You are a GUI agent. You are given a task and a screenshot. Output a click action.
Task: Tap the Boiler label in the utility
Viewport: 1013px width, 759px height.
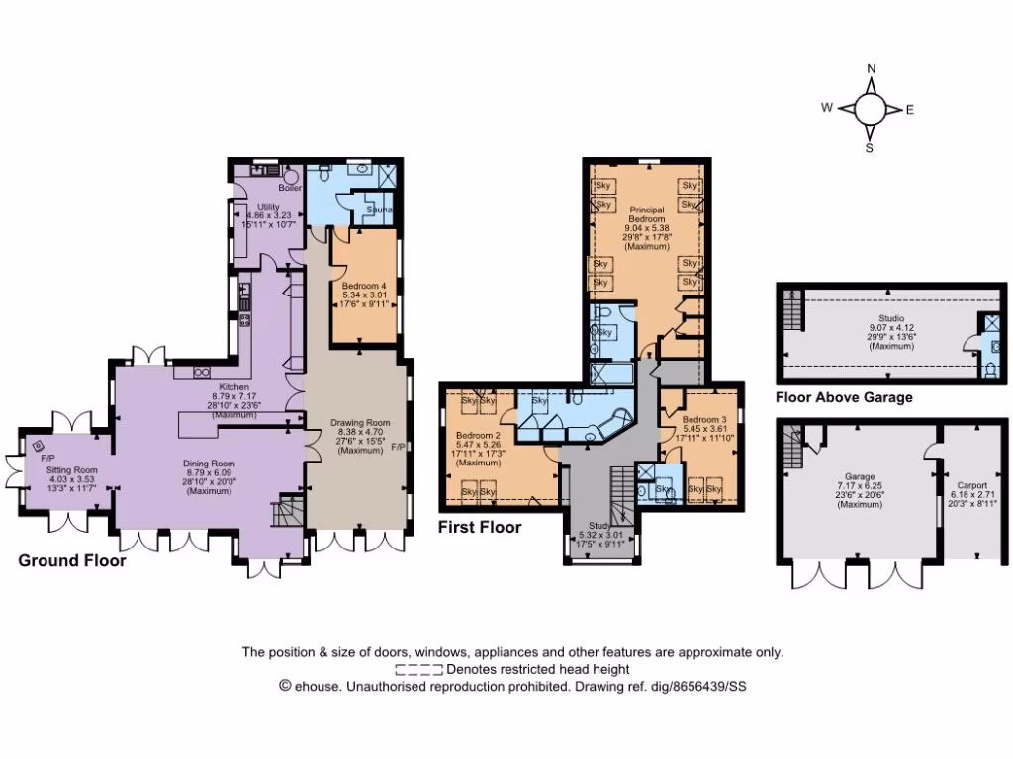tap(290, 187)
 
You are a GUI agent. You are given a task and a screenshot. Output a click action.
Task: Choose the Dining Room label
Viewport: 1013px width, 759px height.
tap(208, 463)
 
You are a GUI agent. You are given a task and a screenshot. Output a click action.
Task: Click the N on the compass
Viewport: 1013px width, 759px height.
tap(871, 68)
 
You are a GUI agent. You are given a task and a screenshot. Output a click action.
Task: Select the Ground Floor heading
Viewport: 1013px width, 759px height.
tap(72, 560)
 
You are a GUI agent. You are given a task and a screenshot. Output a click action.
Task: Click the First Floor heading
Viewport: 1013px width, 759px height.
tap(480, 528)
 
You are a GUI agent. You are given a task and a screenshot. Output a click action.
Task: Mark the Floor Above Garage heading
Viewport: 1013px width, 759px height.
tap(844, 397)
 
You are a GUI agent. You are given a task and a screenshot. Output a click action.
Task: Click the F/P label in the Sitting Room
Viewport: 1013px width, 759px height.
tap(45, 459)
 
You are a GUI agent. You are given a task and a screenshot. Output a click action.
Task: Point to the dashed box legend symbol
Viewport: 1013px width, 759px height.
tap(419, 669)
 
